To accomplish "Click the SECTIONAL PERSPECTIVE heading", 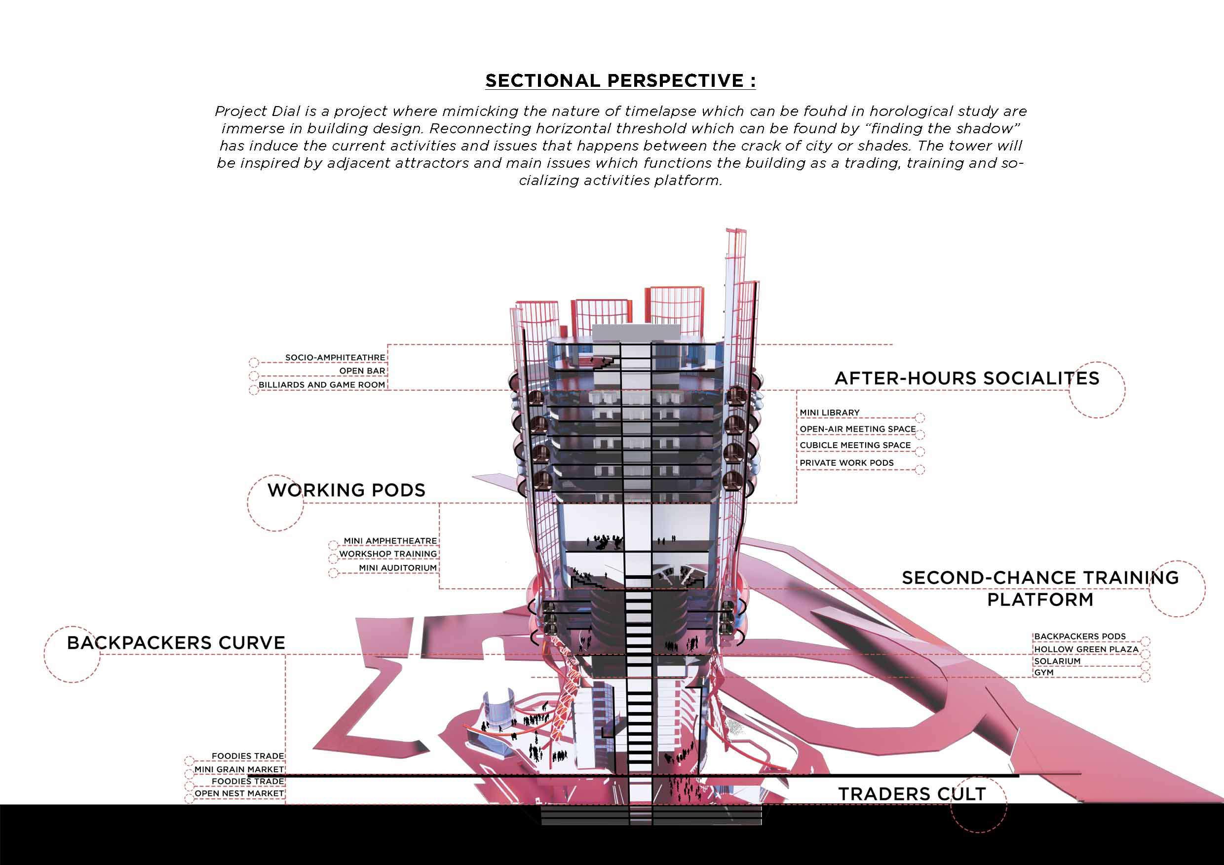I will tap(620, 80).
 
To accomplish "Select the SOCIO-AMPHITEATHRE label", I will tap(335, 358).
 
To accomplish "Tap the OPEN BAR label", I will tap(362, 371).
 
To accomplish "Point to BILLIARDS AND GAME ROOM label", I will tap(321, 385).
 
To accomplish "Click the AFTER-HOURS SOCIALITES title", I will tap(966, 378).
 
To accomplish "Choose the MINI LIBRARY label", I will tap(830, 413).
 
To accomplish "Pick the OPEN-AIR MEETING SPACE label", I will tap(857, 429).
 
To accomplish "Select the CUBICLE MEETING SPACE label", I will tap(855, 446).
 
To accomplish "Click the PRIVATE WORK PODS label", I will tap(846, 463).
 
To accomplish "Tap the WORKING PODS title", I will tap(346, 490).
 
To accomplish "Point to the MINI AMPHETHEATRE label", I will tap(390, 541).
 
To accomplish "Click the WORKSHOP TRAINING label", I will tap(387, 554).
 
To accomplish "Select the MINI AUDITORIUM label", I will tap(398, 568).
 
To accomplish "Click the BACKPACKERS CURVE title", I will tap(176, 643).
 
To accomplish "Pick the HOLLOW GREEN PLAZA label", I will tap(1086, 650).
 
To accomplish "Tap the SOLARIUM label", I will tap(1057, 661).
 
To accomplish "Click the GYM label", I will tap(1044, 673).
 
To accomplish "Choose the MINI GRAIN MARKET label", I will tap(239, 770).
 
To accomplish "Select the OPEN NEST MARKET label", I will tap(239, 793).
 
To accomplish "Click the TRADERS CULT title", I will tap(912, 794).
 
